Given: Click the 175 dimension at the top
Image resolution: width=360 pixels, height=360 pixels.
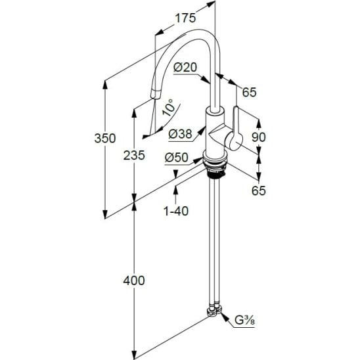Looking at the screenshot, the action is click(x=185, y=18).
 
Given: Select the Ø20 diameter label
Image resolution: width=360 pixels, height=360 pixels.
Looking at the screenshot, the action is click(x=185, y=68).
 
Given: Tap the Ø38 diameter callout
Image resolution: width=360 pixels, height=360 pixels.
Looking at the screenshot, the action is click(x=180, y=134).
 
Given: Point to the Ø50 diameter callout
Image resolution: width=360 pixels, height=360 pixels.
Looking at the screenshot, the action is click(x=177, y=158).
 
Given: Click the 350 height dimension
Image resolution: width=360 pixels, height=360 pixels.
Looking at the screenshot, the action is click(x=105, y=139).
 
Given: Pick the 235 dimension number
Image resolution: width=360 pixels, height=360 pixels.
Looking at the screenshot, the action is click(x=134, y=156).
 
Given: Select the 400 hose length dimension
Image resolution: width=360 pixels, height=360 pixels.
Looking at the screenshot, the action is click(x=134, y=281).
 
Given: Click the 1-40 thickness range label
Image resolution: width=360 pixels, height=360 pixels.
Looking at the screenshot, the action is click(x=176, y=211).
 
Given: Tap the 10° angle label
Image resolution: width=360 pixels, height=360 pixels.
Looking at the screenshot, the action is click(x=169, y=108).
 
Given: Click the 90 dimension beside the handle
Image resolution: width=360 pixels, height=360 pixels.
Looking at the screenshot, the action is click(x=259, y=137).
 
